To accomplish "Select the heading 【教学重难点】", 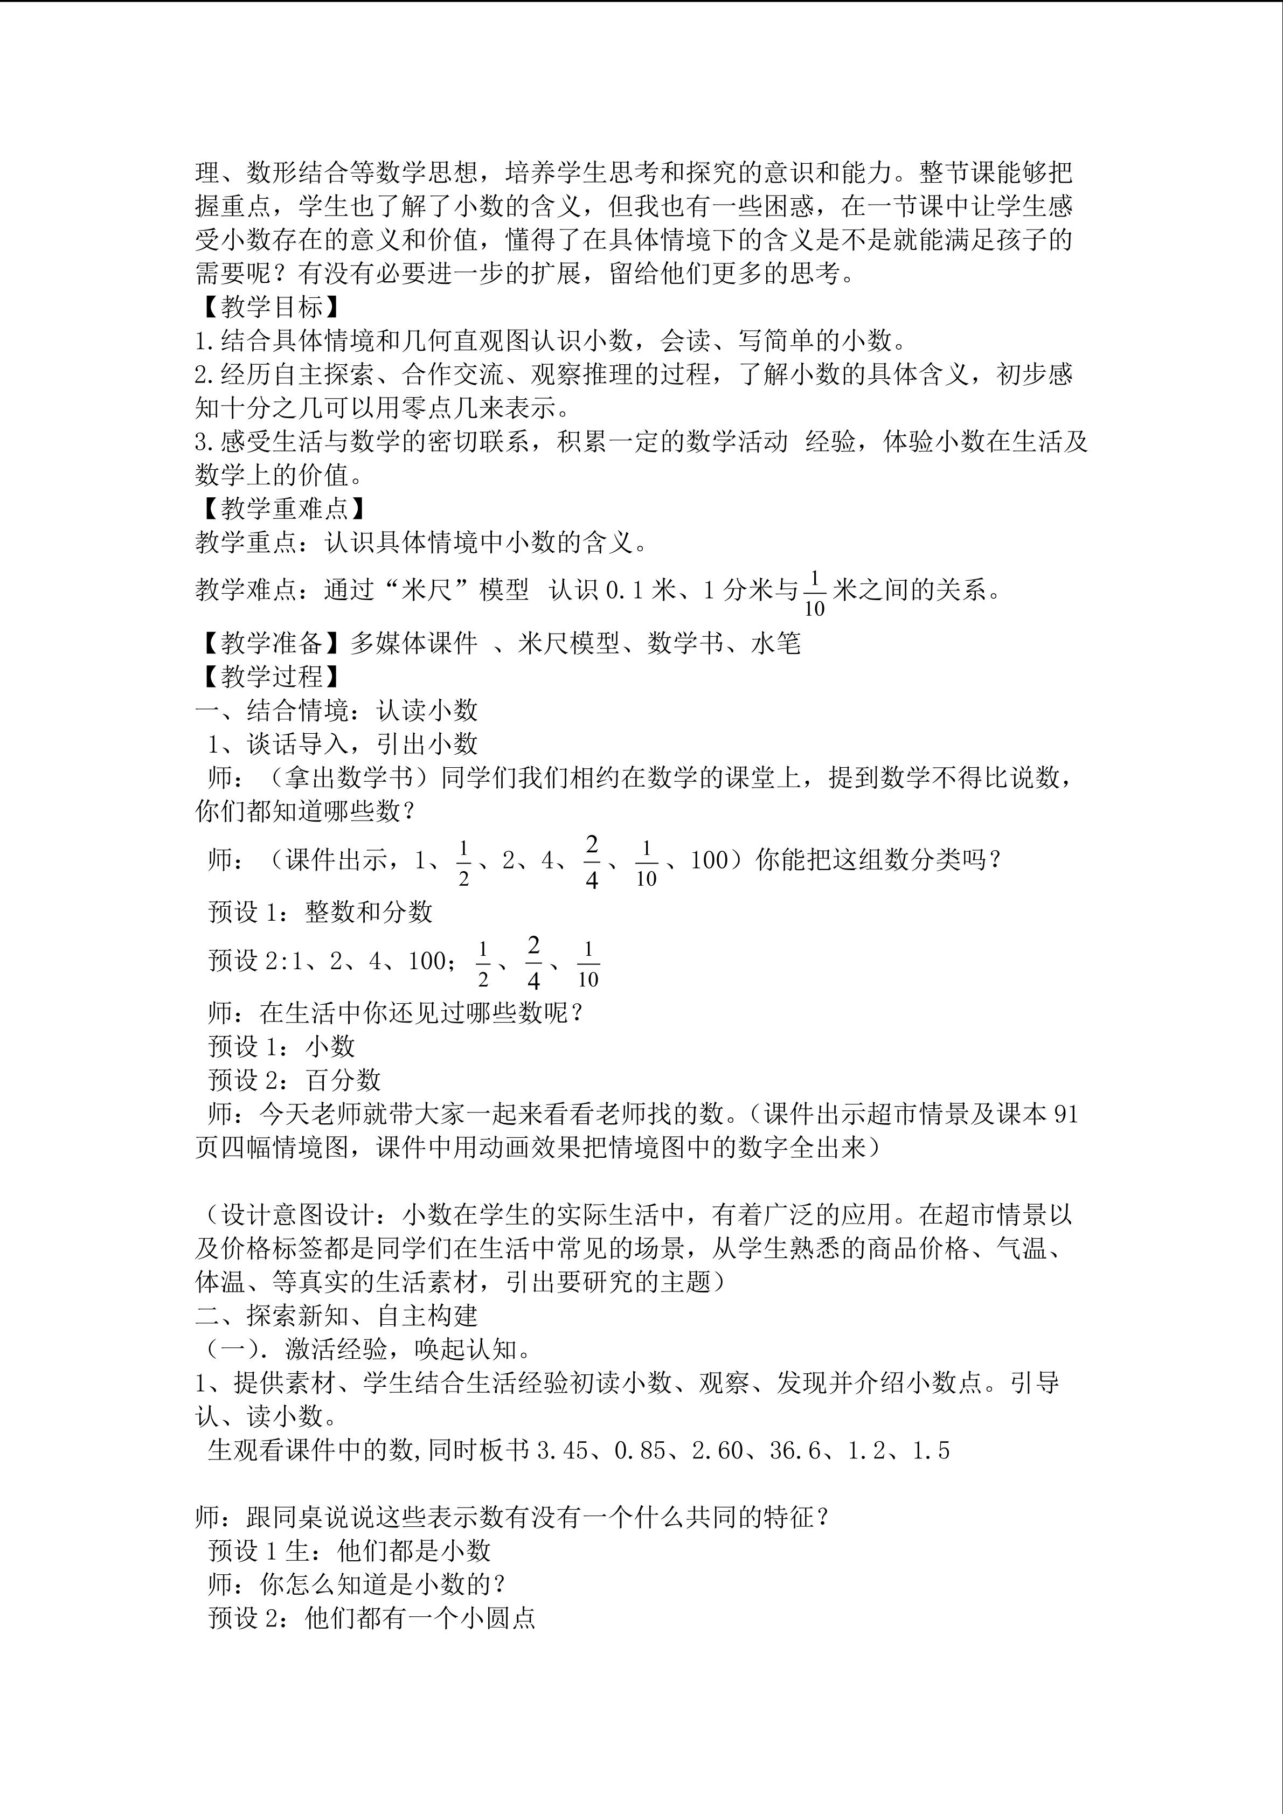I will [x=280, y=508].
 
